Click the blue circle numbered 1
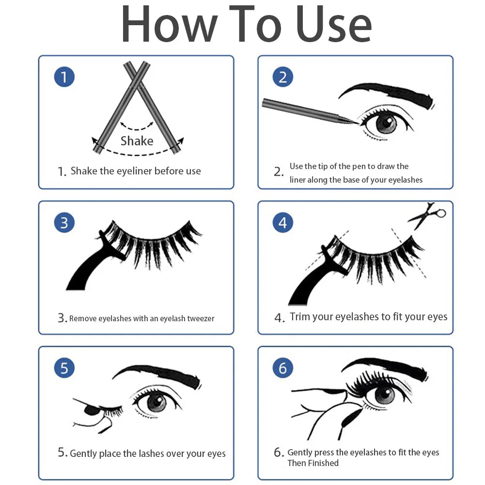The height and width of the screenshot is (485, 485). pyautogui.click(x=64, y=77)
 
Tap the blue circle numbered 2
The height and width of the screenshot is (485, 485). pyautogui.click(x=282, y=77)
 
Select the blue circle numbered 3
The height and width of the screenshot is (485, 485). pyautogui.click(x=64, y=222)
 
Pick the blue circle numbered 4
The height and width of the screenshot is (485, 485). pyautogui.click(x=282, y=222)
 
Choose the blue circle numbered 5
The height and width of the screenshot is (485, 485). pyautogui.click(x=64, y=368)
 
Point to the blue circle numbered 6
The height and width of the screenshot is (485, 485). pyautogui.click(x=282, y=368)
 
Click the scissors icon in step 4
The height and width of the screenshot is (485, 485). pyautogui.click(x=427, y=215)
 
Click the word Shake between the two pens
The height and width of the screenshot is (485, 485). pyautogui.click(x=137, y=141)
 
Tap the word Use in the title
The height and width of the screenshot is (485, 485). pyautogui.click(x=333, y=24)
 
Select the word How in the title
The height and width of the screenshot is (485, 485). pyautogui.click(x=170, y=24)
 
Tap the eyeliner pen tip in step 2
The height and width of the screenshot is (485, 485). pyautogui.click(x=356, y=123)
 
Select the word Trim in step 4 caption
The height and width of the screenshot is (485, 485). pyautogui.click(x=300, y=316)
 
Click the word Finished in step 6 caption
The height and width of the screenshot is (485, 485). pyautogui.click(x=326, y=463)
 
